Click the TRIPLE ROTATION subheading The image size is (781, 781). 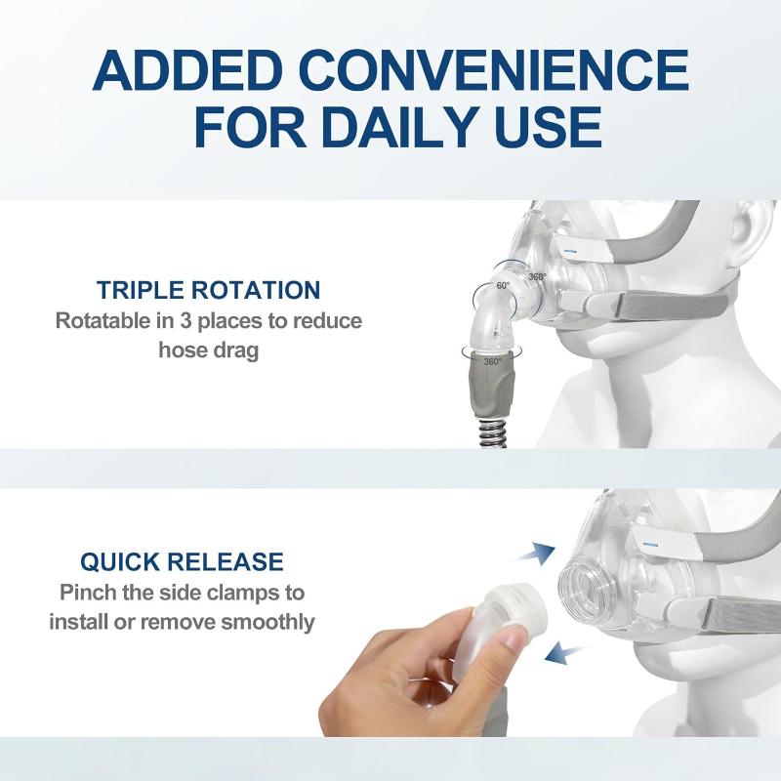point(208,290)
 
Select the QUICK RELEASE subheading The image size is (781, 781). point(182,561)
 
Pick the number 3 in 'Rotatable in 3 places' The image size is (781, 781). point(186,321)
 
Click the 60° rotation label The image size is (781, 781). point(503,285)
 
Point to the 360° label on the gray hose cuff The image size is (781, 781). point(493,361)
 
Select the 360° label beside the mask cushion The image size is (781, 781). point(538,276)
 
